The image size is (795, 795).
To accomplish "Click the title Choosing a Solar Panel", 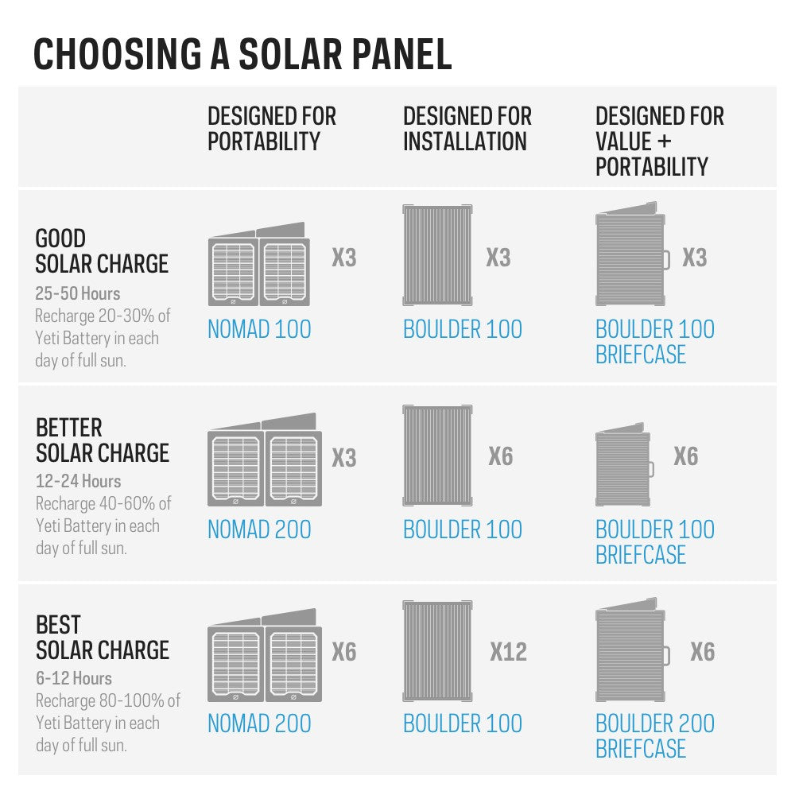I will tap(242, 53).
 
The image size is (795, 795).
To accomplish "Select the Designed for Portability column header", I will tap(272, 129).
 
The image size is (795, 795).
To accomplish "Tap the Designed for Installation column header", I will tap(467, 129).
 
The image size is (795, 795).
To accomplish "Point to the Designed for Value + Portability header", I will tap(660, 141).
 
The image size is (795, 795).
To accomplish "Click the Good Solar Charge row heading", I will tap(102, 250).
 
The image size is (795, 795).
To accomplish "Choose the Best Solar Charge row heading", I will tap(102, 638).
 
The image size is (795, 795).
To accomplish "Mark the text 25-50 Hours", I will tap(78, 293).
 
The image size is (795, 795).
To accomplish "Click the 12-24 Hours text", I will tap(78, 481).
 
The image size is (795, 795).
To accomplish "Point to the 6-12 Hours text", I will tap(73, 678).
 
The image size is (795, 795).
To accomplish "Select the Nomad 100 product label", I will tap(259, 329).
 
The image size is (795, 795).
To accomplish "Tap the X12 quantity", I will tap(508, 652).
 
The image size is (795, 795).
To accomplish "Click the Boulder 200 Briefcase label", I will tap(655, 735).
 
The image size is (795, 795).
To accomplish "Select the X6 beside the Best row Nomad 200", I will tap(344, 652).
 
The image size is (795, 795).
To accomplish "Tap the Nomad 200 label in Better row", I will tap(259, 529).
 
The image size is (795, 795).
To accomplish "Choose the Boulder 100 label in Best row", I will tap(463, 723).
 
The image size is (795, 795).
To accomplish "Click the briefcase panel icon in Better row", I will tap(625, 466).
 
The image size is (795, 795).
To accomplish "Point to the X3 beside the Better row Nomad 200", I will tap(344, 458).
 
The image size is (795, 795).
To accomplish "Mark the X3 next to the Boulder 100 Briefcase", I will tap(694, 258).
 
